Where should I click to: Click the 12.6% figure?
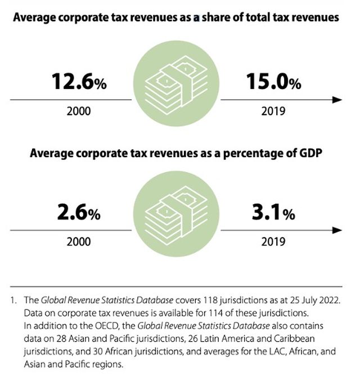click(79, 83)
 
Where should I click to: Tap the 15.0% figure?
click(273, 83)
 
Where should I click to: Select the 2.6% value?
click(79, 213)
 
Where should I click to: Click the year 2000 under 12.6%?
click(79, 111)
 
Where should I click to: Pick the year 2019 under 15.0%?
click(273, 111)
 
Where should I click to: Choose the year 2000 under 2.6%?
click(79, 241)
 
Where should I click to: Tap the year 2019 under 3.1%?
click(273, 241)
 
